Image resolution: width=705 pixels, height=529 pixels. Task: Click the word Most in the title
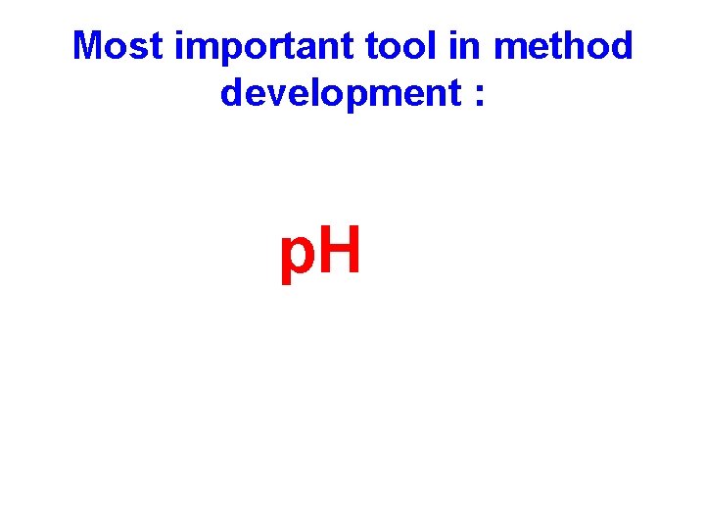coord(119,46)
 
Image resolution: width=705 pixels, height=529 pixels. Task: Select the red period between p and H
coord(316,270)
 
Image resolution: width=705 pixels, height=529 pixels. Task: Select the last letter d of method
coord(623,46)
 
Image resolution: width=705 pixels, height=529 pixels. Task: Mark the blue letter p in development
coord(353,99)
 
